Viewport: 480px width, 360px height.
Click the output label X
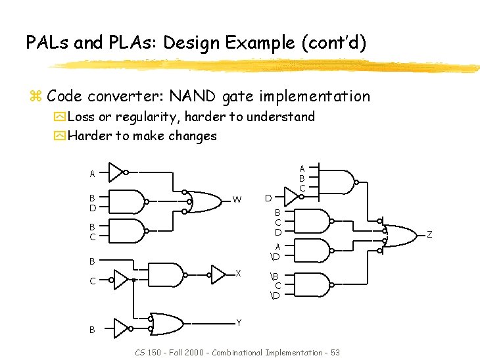(x=238, y=273)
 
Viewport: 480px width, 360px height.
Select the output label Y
(x=238, y=322)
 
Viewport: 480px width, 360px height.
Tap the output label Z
(x=429, y=234)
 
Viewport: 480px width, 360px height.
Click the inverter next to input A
(x=116, y=172)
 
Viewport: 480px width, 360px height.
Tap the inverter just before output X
(x=219, y=274)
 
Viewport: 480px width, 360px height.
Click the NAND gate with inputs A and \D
(x=314, y=250)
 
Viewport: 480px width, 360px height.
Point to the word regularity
(x=148, y=117)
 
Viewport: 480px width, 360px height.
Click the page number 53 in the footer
(x=335, y=353)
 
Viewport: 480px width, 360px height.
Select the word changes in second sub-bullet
(x=193, y=136)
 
